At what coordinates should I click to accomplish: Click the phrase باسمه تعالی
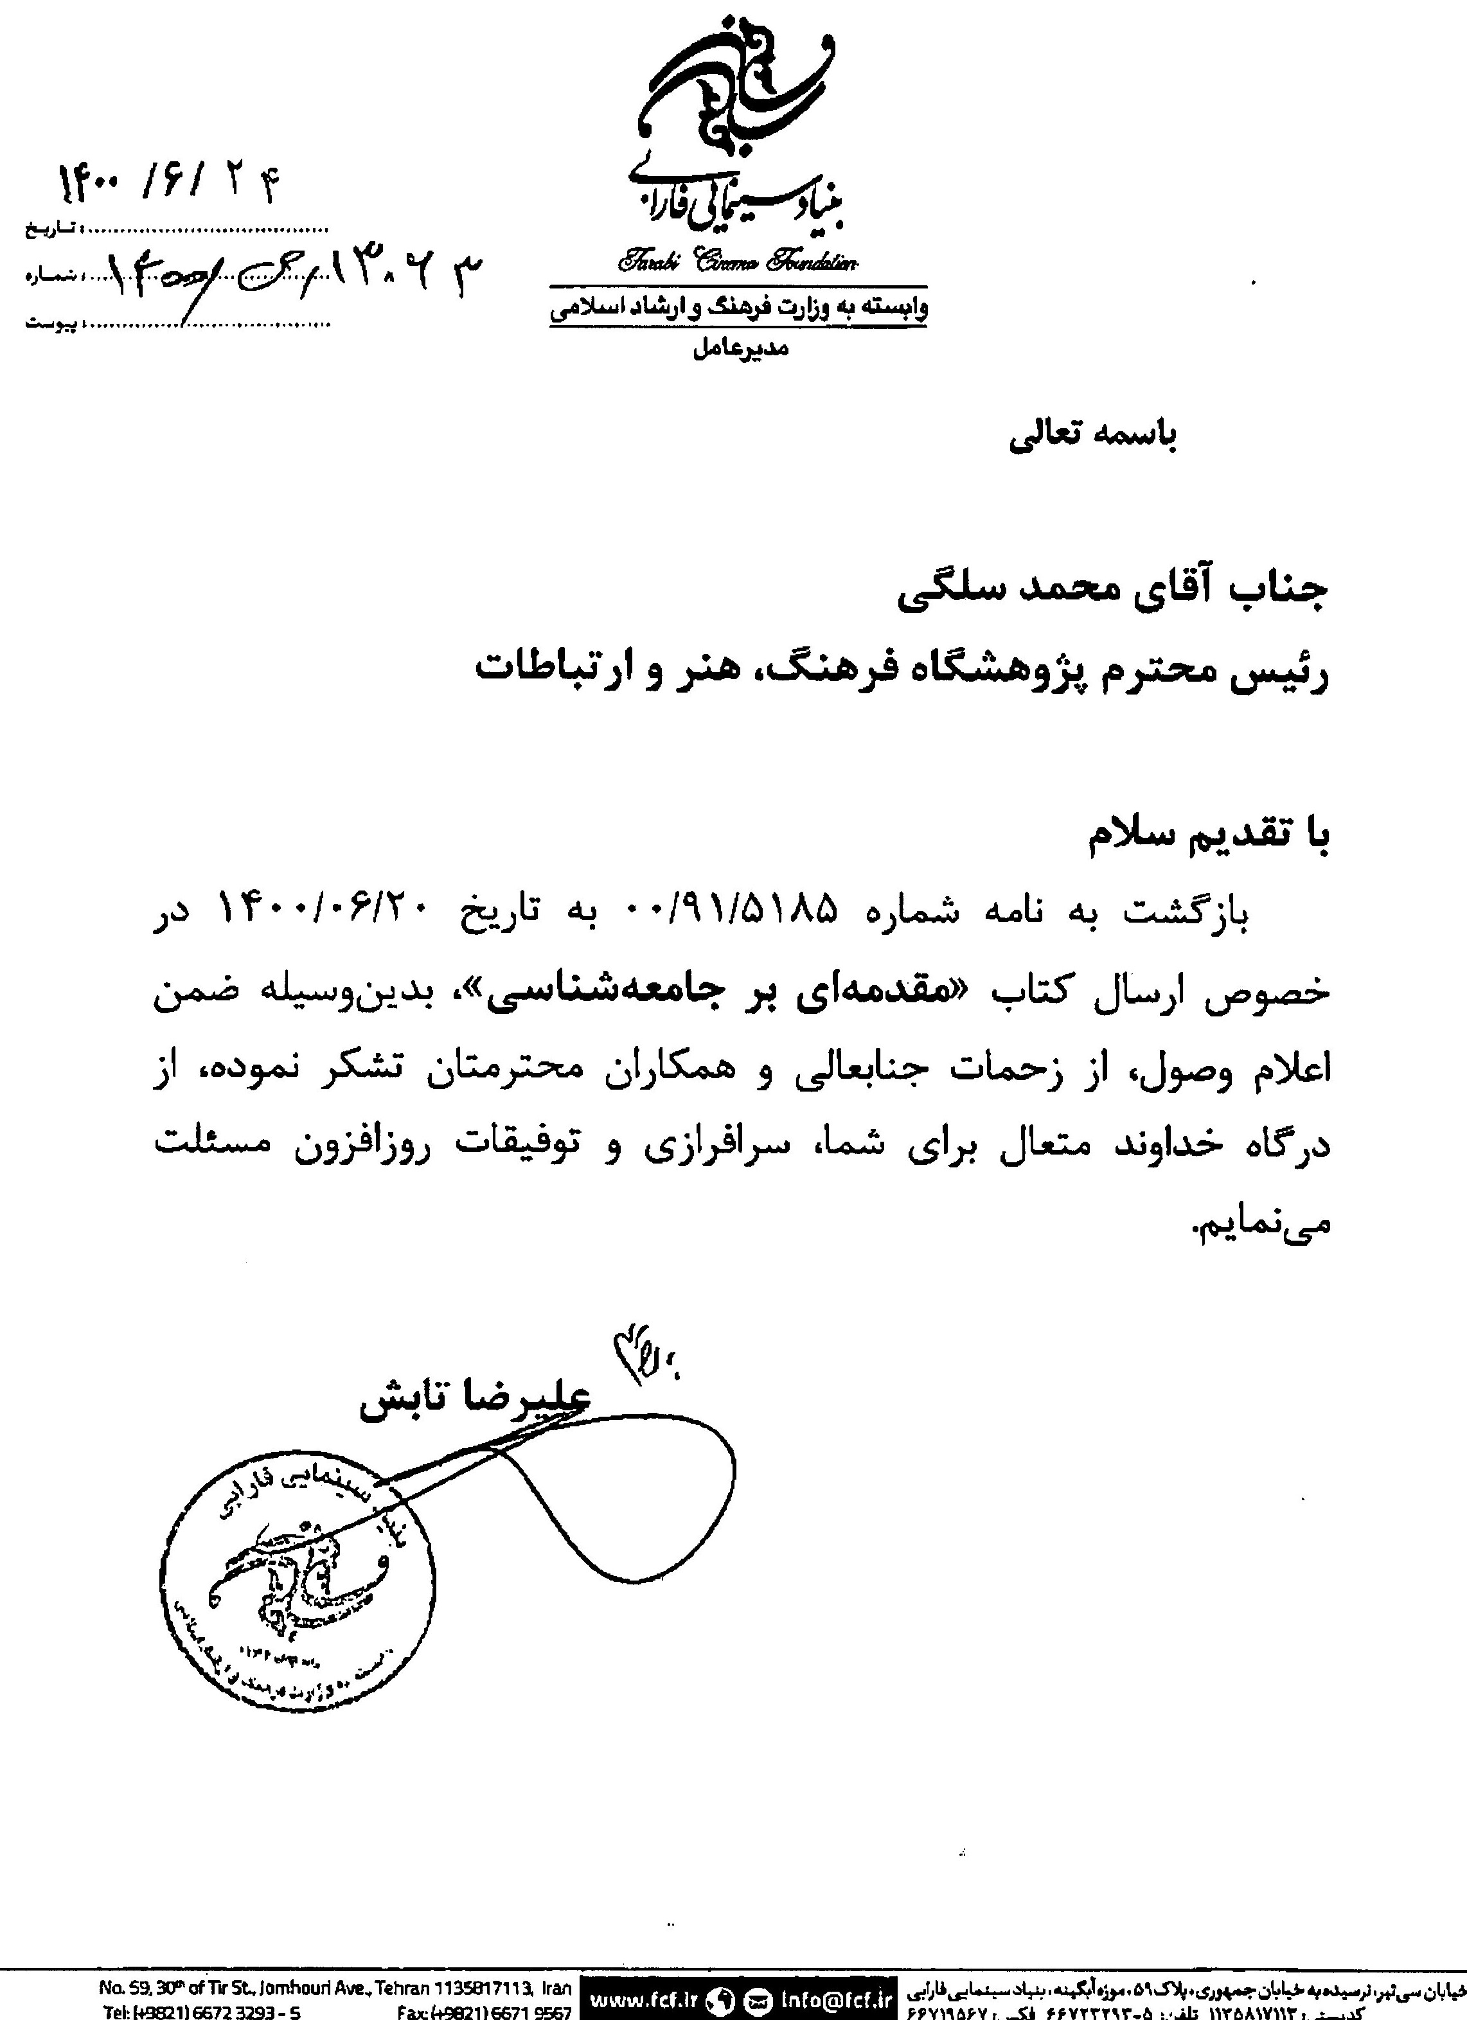pyautogui.click(x=1093, y=436)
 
